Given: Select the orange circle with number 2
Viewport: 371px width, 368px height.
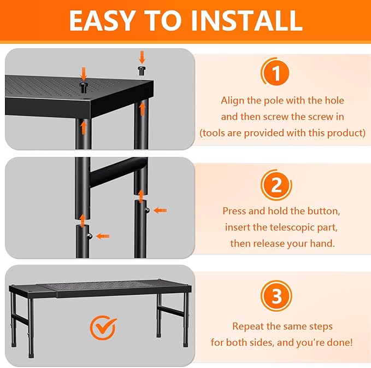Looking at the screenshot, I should tap(276, 185).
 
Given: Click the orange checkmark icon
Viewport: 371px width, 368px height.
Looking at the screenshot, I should tap(103, 328).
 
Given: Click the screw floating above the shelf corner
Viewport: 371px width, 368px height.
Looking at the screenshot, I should tap(142, 69).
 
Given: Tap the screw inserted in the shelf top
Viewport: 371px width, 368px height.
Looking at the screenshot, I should tap(84, 87).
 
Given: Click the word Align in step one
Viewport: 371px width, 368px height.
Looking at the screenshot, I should tap(233, 101).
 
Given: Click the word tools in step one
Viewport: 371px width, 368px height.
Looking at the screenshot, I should tap(214, 133).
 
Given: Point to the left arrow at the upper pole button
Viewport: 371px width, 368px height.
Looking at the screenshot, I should tap(160, 210).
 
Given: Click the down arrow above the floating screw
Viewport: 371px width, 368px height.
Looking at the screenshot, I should tap(142, 56).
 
